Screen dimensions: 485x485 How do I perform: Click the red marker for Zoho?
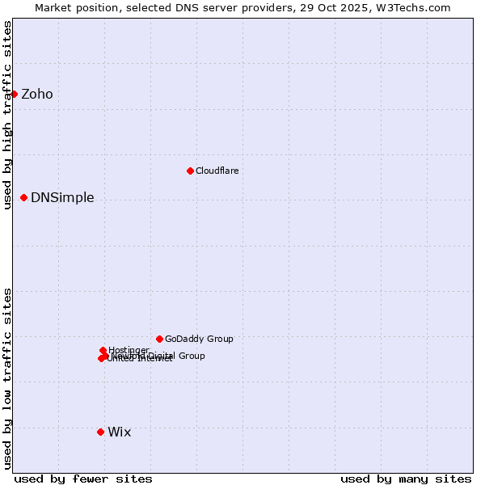(14, 94)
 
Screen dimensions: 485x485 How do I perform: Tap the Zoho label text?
(37, 95)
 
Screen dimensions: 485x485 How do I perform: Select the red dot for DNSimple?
(23, 197)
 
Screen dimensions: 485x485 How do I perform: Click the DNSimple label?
(62, 198)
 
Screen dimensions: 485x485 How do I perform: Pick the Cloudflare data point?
(190, 171)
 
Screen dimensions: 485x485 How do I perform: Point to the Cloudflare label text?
(217, 171)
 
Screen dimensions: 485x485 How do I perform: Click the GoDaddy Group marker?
(159, 339)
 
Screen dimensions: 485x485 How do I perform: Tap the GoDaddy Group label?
(199, 339)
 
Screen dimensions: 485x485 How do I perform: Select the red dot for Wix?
(100, 432)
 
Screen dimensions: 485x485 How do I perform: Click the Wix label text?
(119, 432)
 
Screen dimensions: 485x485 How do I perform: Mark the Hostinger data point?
(103, 350)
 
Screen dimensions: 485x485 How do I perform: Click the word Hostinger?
(129, 350)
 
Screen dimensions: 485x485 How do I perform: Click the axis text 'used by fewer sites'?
(83, 479)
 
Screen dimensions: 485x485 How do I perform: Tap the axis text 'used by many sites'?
(406, 479)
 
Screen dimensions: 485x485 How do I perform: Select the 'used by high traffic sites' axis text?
(8, 115)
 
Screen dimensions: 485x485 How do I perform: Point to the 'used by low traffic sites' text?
(8, 377)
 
